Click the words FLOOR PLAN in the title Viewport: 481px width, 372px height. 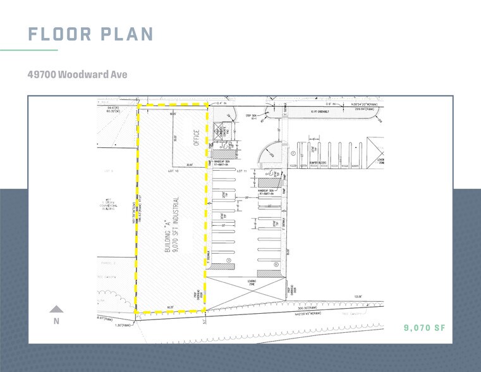pyautogui.click(x=91, y=34)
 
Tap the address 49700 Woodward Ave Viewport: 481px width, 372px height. pyautogui.click(x=77, y=75)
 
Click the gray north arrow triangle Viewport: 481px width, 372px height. pyautogui.click(x=57, y=309)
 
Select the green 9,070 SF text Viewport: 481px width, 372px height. pyautogui.click(x=425, y=328)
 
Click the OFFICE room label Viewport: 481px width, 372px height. pyautogui.click(x=197, y=137)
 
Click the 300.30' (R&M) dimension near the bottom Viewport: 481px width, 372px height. pyautogui.click(x=308, y=308)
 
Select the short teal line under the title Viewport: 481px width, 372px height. pyautogui.click(x=29, y=50)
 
